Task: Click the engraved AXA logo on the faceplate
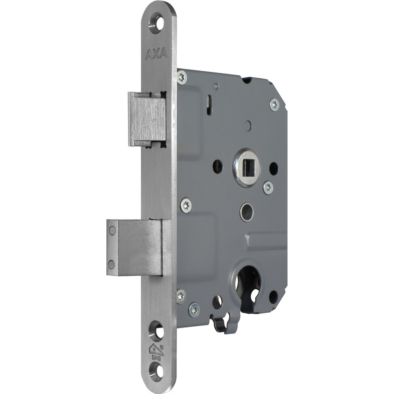tap(156, 54)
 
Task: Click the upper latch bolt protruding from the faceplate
tap(147, 119)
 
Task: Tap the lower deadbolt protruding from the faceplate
tap(134, 247)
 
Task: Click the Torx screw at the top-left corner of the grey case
tap(182, 77)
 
